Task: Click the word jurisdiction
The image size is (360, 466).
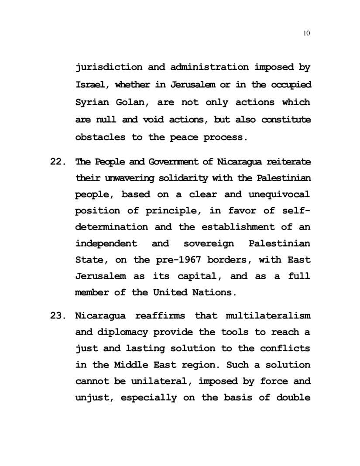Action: click(109, 68)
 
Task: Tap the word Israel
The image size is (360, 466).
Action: click(92, 85)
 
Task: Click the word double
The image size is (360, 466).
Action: click(294, 398)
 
